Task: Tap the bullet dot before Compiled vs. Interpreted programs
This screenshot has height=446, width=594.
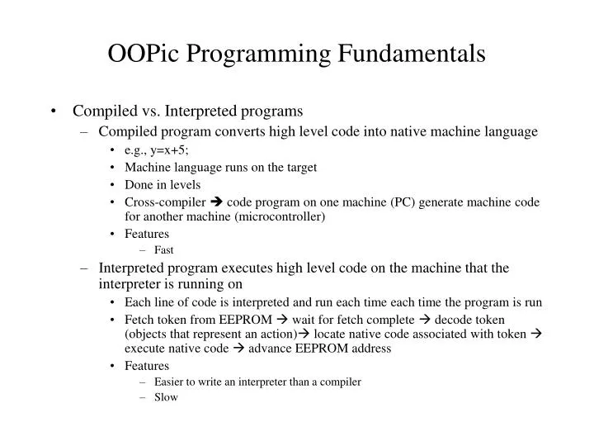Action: [54, 111]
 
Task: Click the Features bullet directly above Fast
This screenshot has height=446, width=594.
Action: [147, 234]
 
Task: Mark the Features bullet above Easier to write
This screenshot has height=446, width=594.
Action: [147, 365]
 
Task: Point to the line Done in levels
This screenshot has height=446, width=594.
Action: [163, 184]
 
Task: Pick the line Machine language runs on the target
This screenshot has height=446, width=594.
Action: [221, 167]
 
